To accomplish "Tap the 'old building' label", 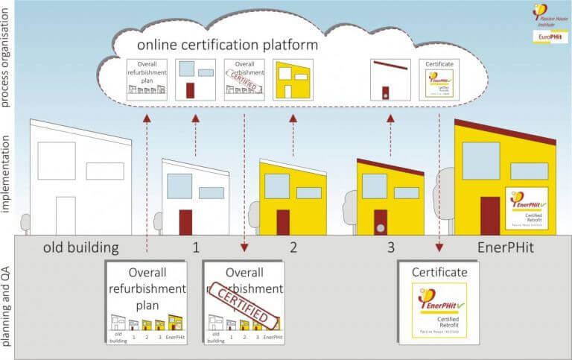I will pyautogui.click(x=71, y=247).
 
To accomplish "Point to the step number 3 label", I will pyautogui.click(x=390, y=247).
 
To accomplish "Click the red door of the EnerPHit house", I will pyautogui.click(x=490, y=215).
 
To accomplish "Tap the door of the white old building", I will pyautogui.click(x=66, y=215).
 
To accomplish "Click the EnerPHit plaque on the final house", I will pyautogui.click(x=527, y=208).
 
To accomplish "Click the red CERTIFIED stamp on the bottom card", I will pyautogui.click(x=242, y=304).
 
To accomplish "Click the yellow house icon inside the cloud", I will pyautogui.click(x=293, y=79).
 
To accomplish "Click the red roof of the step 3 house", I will pyautogui.click(x=390, y=166).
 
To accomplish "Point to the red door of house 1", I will pyautogui.click(x=185, y=222).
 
